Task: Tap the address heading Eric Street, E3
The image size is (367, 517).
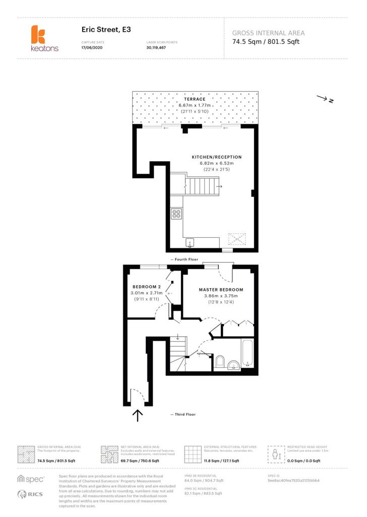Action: [x=106, y=30]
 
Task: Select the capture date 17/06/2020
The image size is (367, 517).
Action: [x=92, y=47]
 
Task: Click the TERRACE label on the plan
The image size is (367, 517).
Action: [x=195, y=99]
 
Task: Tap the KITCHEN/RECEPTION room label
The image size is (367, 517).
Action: [x=216, y=157]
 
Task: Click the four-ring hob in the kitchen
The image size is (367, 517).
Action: [x=176, y=214]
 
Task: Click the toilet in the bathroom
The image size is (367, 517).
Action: [x=220, y=361]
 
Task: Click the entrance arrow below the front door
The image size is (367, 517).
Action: [x=137, y=415]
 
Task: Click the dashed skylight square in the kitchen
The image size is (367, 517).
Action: [x=236, y=238]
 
